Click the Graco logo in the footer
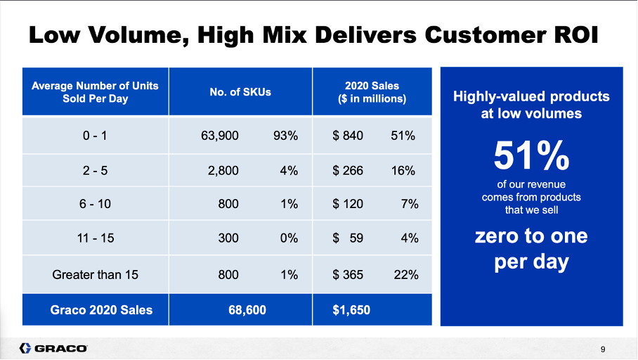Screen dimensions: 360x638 (x=53, y=348)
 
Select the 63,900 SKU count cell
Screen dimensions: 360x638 (x=220, y=136)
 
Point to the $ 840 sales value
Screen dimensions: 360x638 (x=348, y=136)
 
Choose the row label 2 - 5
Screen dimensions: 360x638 (x=95, y=170)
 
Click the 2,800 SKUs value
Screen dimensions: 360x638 (x=223, y=170)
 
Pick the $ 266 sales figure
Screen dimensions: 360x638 (x=348, y=170)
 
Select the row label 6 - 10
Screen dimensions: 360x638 (x=95, y=205)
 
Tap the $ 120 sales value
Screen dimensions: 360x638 (x=348, y=205)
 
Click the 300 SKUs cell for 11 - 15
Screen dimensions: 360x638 (x=228, y=239)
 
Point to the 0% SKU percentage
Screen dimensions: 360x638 (x=289, y=239)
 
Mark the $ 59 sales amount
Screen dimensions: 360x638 (x=348, y=239)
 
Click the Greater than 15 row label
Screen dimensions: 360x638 (x=95, y=274)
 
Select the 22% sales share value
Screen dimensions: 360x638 (x=406, y=274)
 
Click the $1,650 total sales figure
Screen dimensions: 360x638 (x=351, y=310)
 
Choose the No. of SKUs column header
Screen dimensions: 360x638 (x=240, y=92)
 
